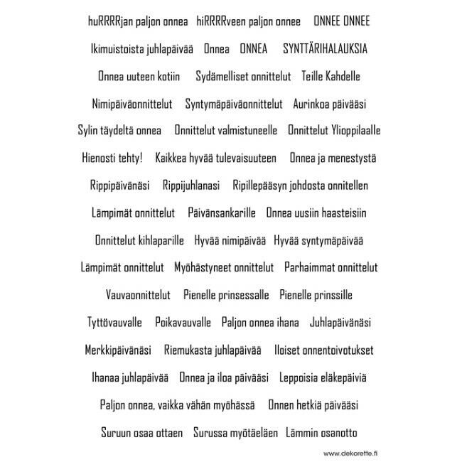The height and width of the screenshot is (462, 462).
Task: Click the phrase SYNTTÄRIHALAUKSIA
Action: coord(326,49)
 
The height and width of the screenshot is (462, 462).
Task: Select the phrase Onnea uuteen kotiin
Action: coord(139,76)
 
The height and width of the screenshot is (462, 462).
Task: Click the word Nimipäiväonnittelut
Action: coord(131,104)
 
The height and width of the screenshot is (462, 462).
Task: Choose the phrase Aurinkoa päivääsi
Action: coord(329,104)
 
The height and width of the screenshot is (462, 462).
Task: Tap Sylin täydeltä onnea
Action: coord(119,131)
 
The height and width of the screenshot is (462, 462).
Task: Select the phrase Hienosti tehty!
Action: coord(112,158)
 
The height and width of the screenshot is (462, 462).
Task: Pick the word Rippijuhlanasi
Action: coord(191,186)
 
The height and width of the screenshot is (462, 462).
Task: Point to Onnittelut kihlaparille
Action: coord(139,240)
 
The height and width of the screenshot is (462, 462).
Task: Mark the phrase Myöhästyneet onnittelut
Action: coord(224,267)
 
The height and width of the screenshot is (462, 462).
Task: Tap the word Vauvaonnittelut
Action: coord(138,295)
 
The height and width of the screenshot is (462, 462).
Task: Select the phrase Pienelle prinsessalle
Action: coord(226,295)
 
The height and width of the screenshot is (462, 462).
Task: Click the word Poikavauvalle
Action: coord(183,322)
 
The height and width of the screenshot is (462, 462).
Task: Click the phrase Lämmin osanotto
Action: coord(321,432)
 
